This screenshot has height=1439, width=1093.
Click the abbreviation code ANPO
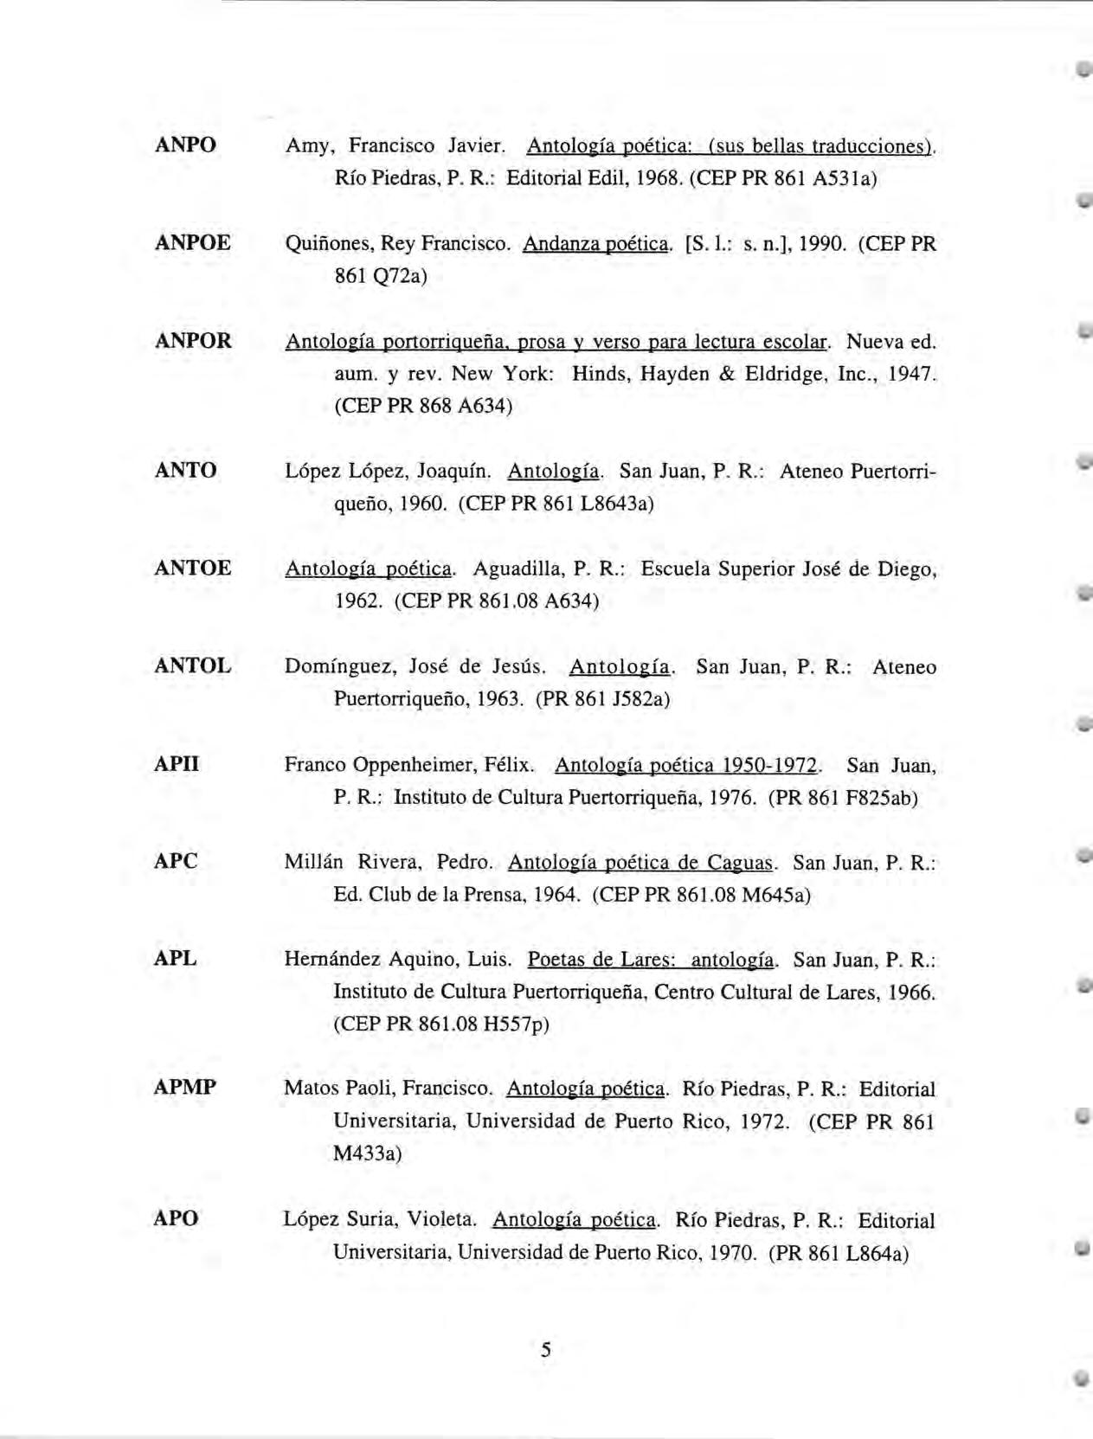(x=185, y=145)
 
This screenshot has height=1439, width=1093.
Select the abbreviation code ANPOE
(x=192, y=242)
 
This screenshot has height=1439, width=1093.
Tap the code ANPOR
(x=193, y=340)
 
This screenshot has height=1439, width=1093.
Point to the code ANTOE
(x=192, y=568)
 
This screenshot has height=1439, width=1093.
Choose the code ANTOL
(x=192, y=665)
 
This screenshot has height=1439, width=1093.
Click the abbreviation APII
(x=177, y=764)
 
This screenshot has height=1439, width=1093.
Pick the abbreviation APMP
(x=184, y=1087)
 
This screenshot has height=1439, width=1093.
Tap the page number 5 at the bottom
(x=546, y=1349)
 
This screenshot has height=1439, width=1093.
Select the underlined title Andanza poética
(x=595, y=244)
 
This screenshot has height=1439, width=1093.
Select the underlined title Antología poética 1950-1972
(x=686, y=766)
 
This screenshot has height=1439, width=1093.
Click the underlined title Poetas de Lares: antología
(x=652, y=960)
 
